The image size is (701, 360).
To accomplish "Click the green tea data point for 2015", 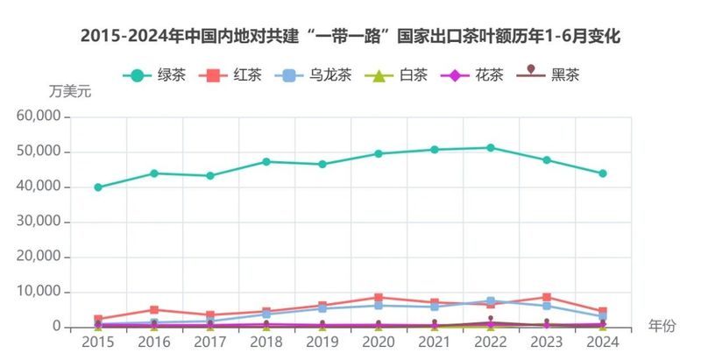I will tap(98, 187).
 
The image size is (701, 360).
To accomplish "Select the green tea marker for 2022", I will tap(491, 148).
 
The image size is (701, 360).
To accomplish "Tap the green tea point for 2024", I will tap(603, 173).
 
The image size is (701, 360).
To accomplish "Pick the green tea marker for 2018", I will tap(266, 162).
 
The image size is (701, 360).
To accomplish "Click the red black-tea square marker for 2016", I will tap(154, 310).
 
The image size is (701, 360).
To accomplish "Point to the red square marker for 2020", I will tap(379, 298).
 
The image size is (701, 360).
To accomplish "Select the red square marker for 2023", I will tap(547, 298).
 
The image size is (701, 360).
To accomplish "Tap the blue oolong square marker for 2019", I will tap(322, 308).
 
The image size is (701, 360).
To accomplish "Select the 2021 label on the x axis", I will tap(435, 342).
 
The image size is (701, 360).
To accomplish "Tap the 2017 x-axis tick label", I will tap(210, 342).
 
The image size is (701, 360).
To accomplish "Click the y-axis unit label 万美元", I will tap(70, 92).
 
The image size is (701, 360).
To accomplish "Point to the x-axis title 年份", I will tap(662, 326).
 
